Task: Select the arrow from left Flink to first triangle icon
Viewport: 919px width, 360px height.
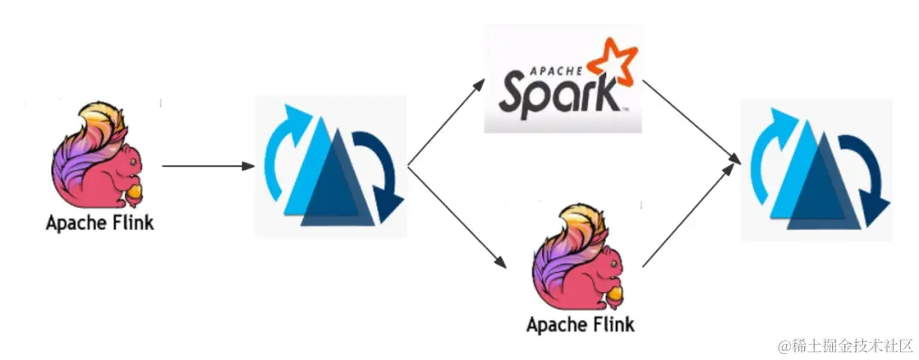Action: [x=208, y=166]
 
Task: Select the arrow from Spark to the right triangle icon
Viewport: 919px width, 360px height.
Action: [x=689, y=119]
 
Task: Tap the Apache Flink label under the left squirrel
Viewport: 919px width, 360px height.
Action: [x=100, y=224]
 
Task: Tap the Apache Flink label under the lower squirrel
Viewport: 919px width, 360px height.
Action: [x=580, y=324]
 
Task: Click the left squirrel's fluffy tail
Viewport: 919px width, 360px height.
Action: [x=94, y=136]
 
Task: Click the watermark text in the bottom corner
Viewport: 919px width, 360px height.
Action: [x=842, y=346]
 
